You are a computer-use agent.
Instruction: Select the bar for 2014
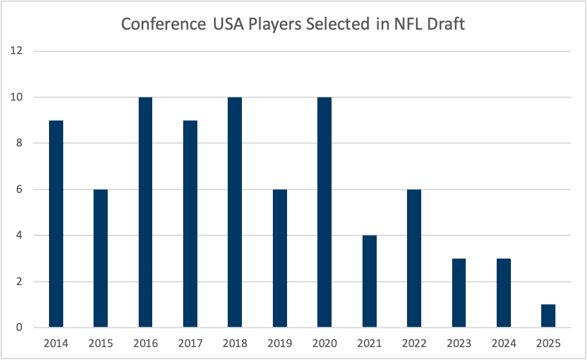(x=56, y=224)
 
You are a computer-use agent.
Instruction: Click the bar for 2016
(x=146, y=212)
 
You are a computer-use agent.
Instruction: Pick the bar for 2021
(x=370, y=281)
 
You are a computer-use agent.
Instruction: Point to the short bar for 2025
(x=548, y=316)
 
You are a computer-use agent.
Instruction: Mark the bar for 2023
(x=459, y=293)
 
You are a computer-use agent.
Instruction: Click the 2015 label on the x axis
(x=101, y=343)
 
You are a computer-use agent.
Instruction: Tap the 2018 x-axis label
(x=235, y=343)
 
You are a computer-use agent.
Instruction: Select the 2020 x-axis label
(x=324, y=343)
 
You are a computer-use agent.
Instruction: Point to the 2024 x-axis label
(x=503, y=343)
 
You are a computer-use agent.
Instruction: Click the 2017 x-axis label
(x=190, y=343)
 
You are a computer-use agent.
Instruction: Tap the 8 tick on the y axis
(x=20, y=143)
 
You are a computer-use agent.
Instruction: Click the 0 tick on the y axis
(x=20, y=328)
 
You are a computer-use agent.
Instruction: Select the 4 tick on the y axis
(x=20, y=235)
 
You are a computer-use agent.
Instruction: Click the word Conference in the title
(x=160, y=25)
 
